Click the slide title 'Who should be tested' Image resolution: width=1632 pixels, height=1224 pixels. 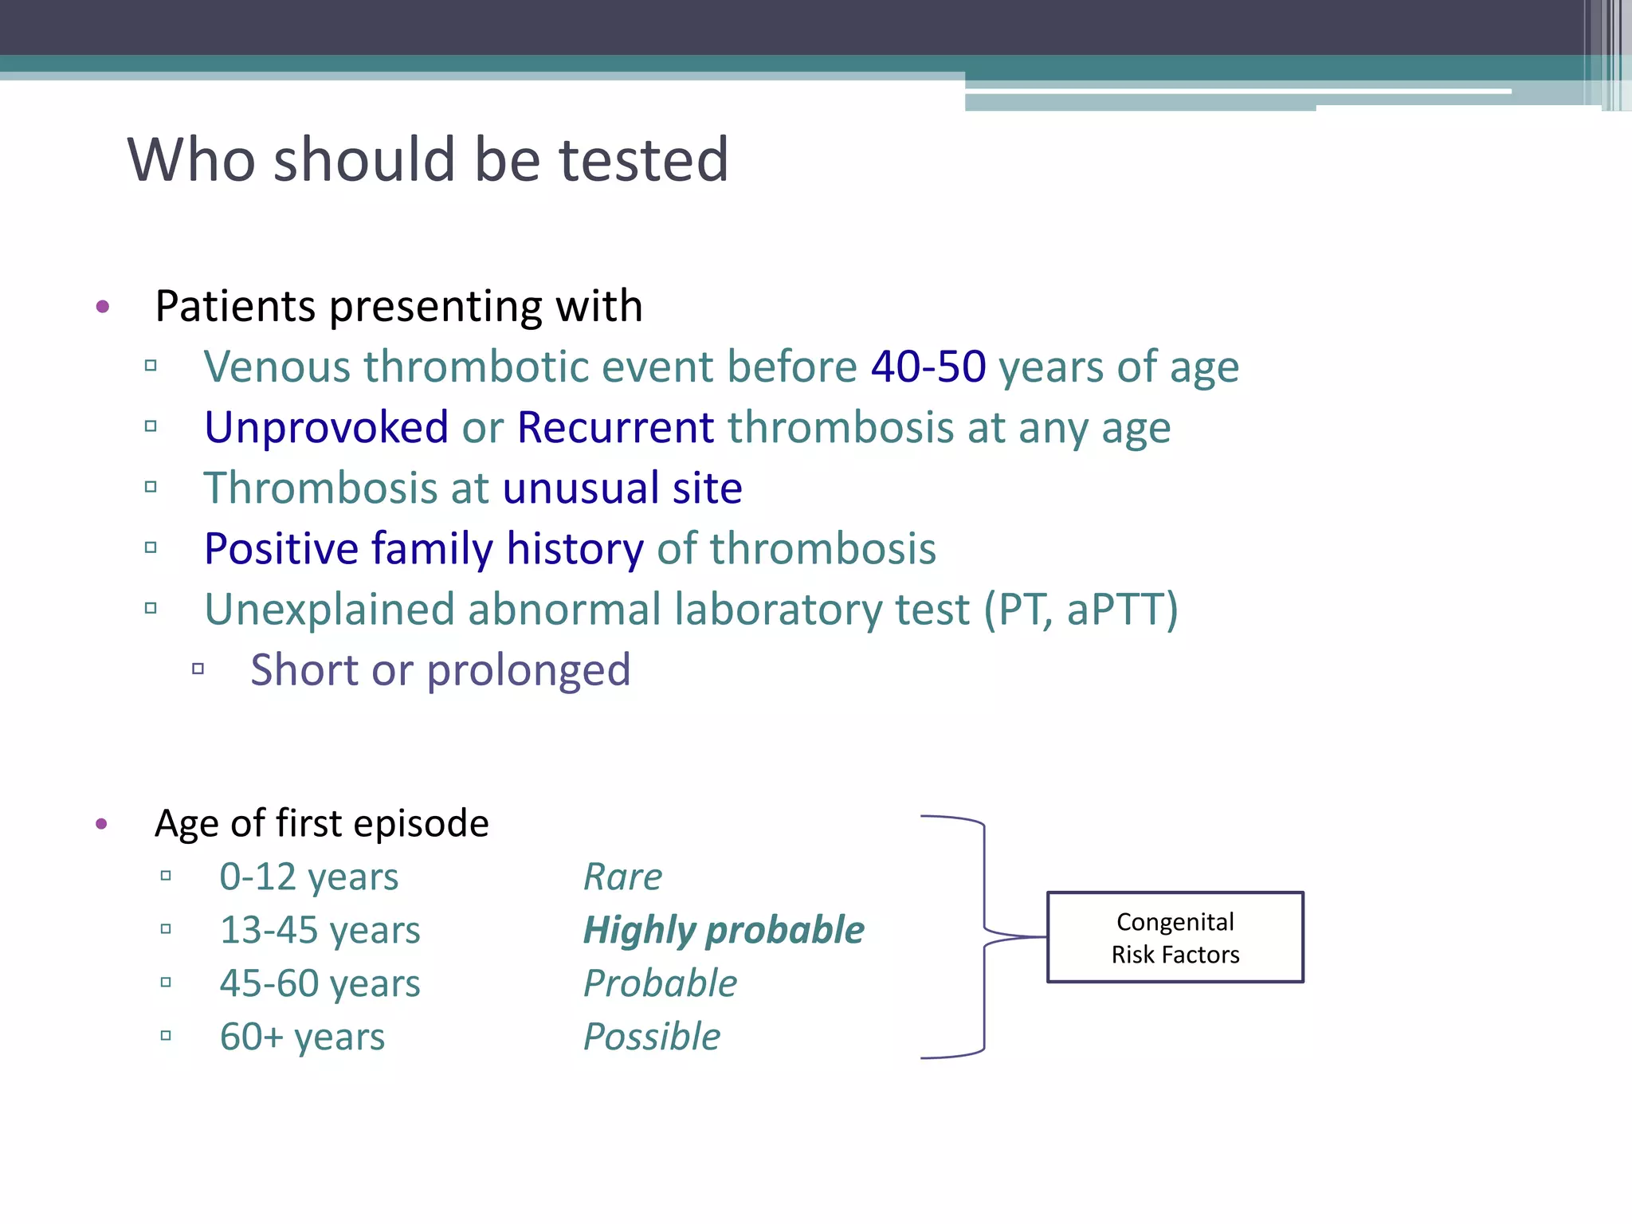click(x=428, y=160)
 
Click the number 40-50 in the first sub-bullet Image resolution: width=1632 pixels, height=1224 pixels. click(x=928, y=367)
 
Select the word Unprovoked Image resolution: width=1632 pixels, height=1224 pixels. click(x=327, y=428)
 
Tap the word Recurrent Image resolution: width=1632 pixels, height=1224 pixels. click(x=615, y=428)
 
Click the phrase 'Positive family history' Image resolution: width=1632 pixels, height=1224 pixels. click(x=423, y=549)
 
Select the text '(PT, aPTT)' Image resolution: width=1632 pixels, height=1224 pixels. click(x=1081, y=610)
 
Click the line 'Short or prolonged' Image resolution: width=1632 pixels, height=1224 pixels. click(x=441, y=670)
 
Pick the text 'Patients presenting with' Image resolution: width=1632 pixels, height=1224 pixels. click(x=398, y=307)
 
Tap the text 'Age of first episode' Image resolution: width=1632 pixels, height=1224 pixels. click(x=321, y=823)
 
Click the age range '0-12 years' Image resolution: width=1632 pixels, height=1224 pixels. click(x=308, y=877)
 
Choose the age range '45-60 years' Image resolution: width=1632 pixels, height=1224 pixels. click(x=320, y=984)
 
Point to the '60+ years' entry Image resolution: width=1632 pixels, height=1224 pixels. click(x=302, y=1038)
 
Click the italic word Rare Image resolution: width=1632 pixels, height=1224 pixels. click(x=622, y=877)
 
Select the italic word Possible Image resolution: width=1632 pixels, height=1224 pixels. click(x=652, y=1038)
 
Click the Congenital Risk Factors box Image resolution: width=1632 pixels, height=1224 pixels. click(x=1175, y=937)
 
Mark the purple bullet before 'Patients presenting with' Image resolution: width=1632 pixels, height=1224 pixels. click(x=102, y=307)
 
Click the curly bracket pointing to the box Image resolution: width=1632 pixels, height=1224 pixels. click(x=985, y=937)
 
